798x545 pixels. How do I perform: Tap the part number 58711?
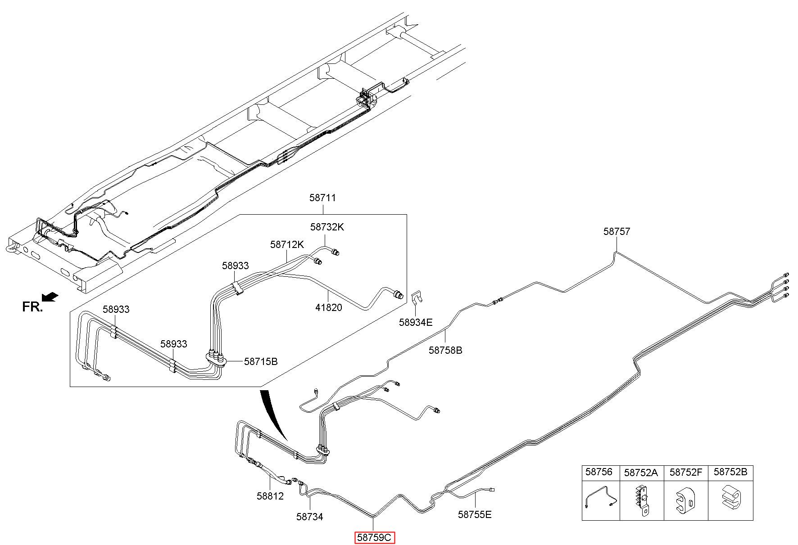pyautogui.click(x=322, y=198)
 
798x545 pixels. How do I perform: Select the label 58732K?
pyautogui.click(x=327, y=227)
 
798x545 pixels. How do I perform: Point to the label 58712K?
pyautogui.click(x=287, y=244)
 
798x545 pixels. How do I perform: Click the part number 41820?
pyautogui.click(x=329, y=307)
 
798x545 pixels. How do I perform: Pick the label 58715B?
pyautogui.click(x=261, y=361)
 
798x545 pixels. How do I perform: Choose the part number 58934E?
pyautogui.click(x=416, y=322)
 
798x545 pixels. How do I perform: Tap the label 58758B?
pyautogui.click(x=445, y=350)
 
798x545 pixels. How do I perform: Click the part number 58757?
pyautogui.click(x=617, y=231)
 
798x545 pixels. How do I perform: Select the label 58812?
pyautogui.click(x=270, y=496)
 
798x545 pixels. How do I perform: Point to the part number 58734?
pyautogui.click(x=310, y=517)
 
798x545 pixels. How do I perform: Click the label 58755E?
pyautogui.click(x=475, y=514)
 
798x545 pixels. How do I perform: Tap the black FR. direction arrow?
pyautogui.click(x=50, y=297)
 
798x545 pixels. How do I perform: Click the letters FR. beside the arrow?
pyautogui.click(x=32, y=307)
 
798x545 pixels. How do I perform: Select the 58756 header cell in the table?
pyautogui.click(x=601, y=473)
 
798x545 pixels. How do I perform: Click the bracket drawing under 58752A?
pyautogui.click(x=642, y=500)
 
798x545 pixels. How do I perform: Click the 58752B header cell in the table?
pyautogui.click(x=730, y=473)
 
